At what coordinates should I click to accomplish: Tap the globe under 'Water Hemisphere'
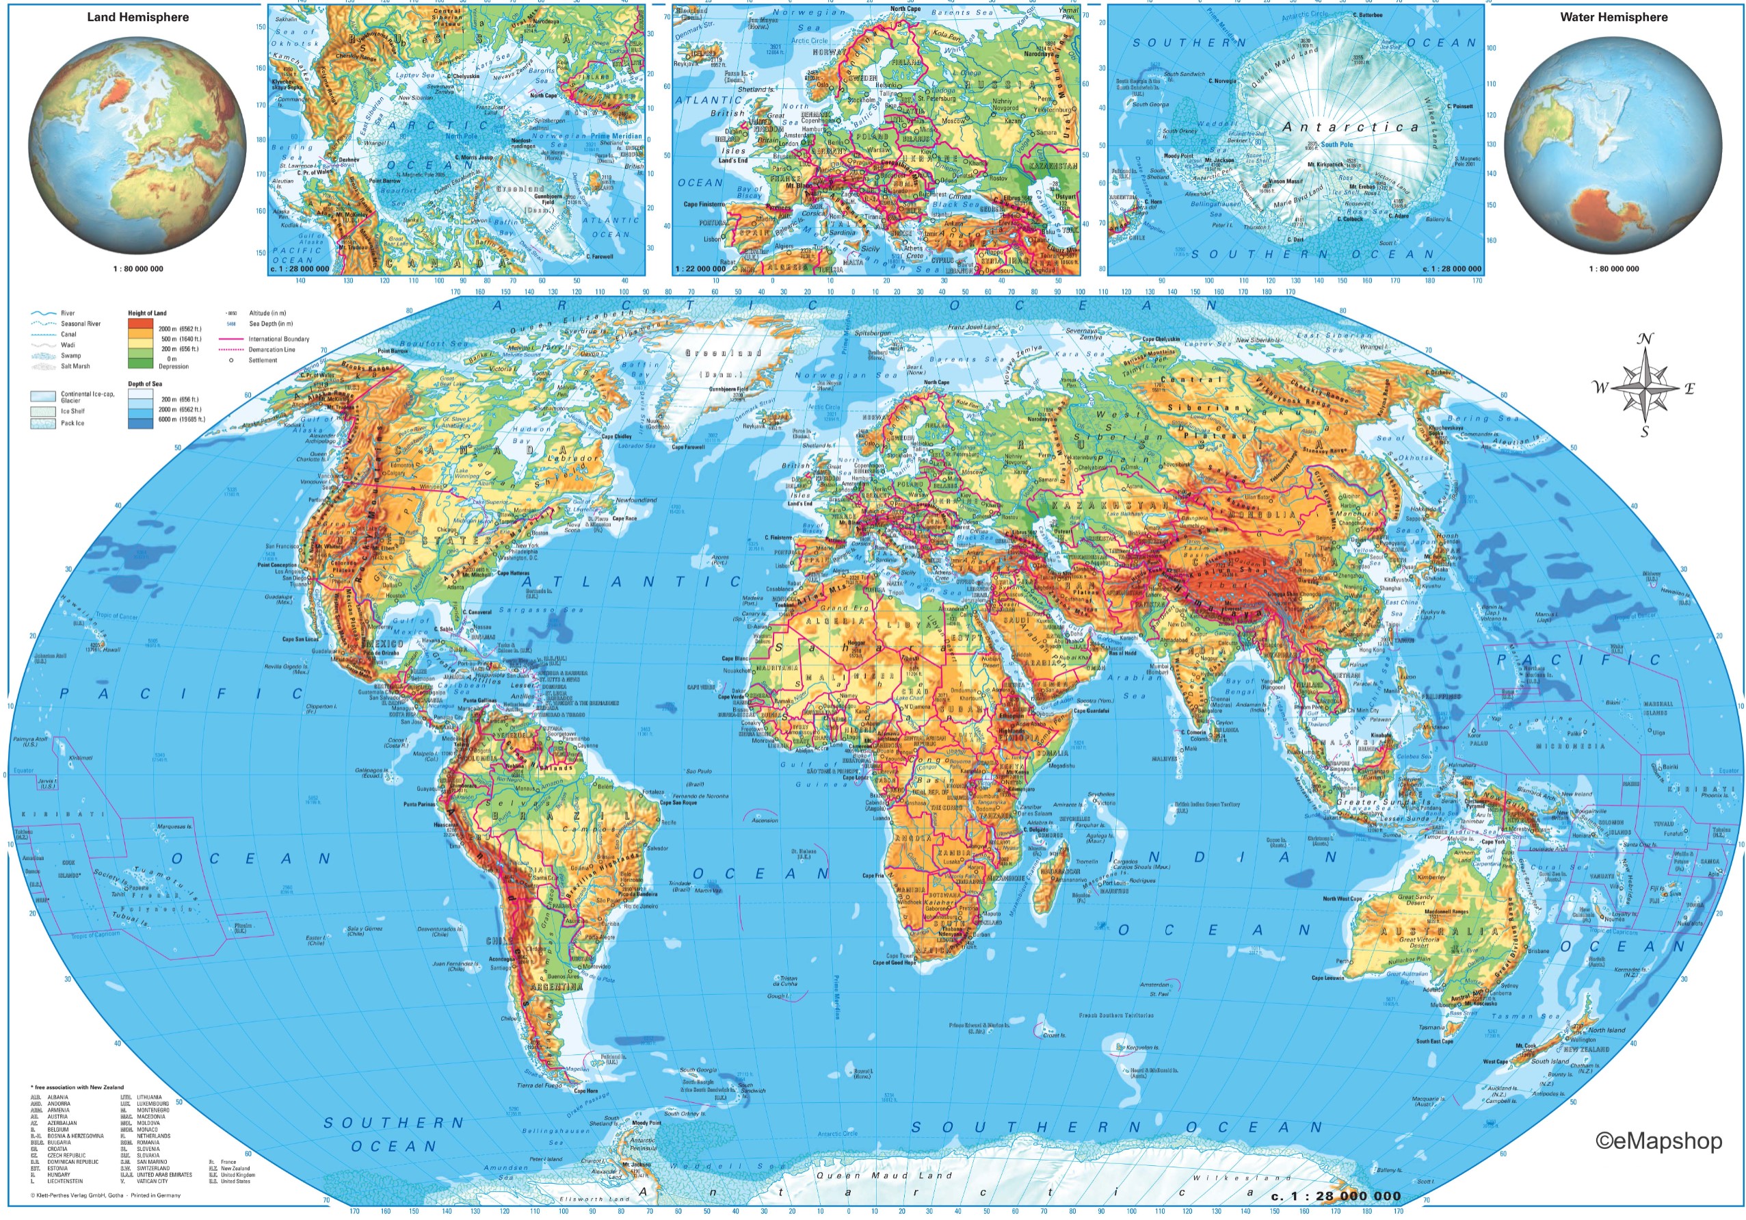[1612, 145]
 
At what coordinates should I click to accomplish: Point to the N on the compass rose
[1645, 339]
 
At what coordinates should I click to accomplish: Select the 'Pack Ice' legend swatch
[42, 424]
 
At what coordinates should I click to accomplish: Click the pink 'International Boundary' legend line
[230, 339]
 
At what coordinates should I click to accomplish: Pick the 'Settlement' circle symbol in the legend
[231, 361]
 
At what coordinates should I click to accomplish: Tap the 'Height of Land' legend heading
[147, 313]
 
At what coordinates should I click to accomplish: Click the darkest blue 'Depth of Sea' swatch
[140, 421]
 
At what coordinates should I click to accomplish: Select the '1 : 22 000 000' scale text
[700, 268]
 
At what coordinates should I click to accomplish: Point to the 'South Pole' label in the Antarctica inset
[1336, 144]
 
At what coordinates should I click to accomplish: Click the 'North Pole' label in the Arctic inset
[462, 137]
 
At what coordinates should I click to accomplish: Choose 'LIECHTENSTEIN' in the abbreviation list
[65, 1181]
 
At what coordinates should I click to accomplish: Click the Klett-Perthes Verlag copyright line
[106, 1195]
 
